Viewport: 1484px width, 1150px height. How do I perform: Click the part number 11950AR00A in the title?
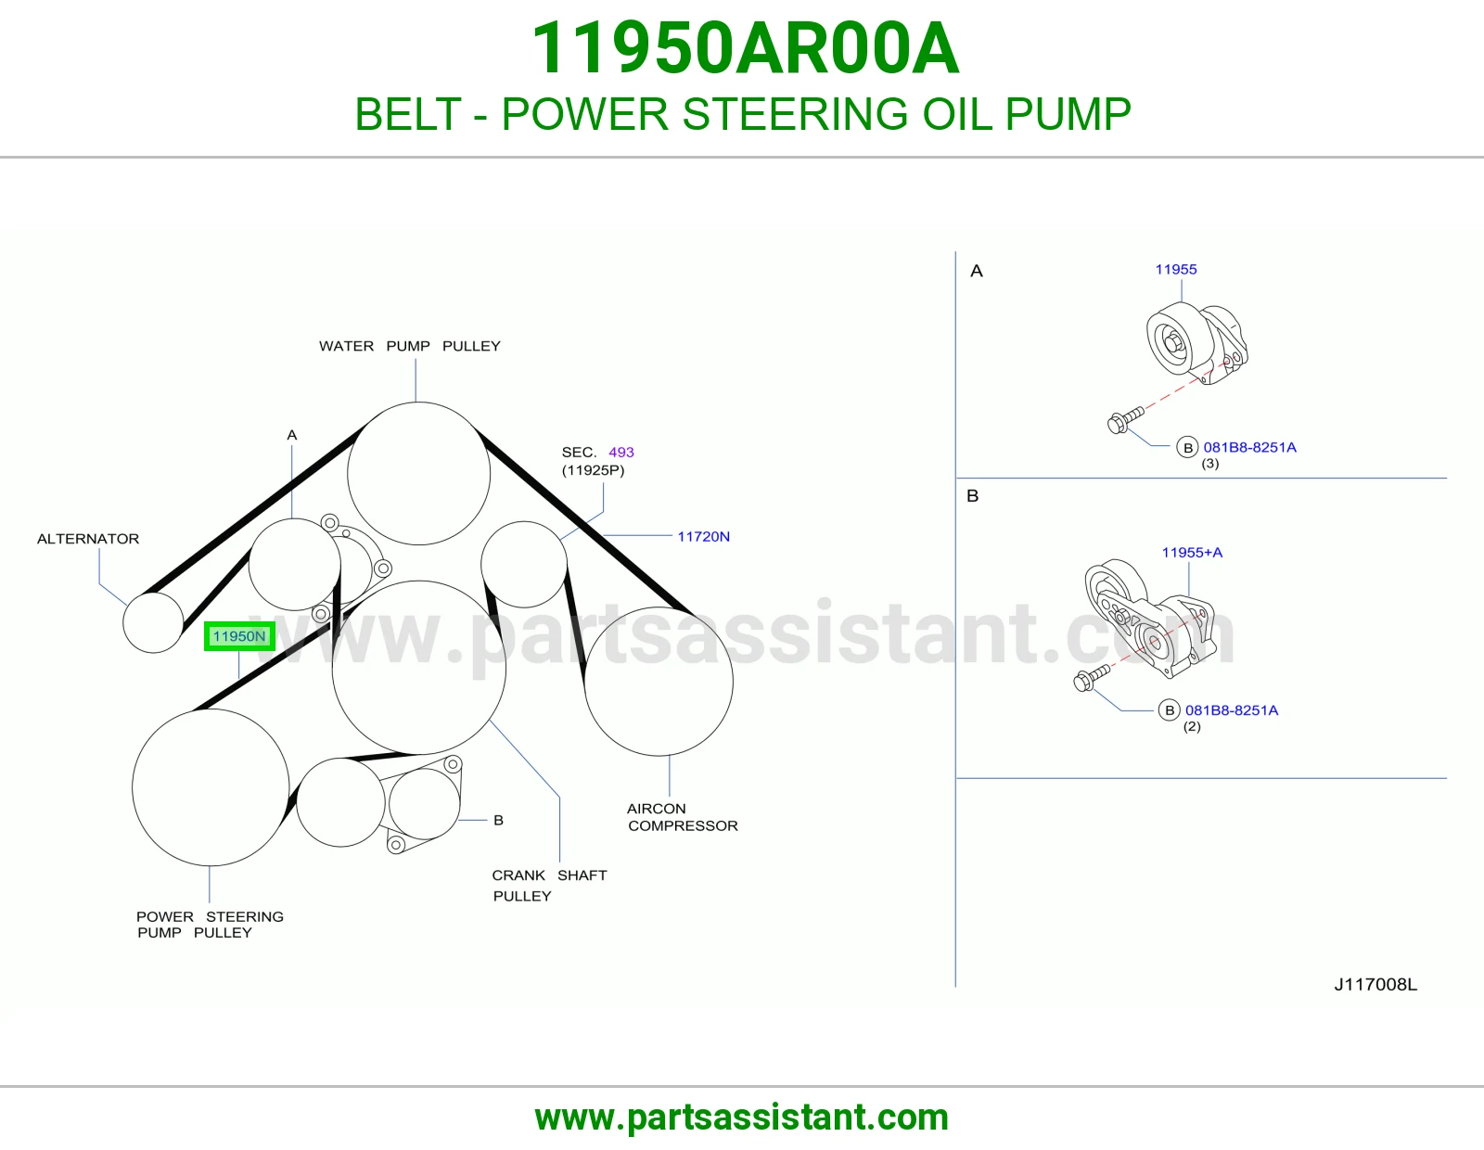[745, 48]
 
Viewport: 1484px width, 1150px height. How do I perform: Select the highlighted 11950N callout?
[239, 636]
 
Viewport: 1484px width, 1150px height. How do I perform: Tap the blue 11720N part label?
[703, 537]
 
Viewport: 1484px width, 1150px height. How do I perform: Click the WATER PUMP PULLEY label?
[410, 346]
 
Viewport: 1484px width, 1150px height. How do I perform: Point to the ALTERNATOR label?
[88, 539]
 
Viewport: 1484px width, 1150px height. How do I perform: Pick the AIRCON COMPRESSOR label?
[683, 817]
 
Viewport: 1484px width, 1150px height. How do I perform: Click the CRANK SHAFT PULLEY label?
[549, 886]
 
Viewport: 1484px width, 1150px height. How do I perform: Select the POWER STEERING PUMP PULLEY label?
[210, 925]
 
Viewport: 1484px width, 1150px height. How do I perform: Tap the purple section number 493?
[620, 452]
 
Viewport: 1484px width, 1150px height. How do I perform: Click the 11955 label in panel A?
[1176, 270]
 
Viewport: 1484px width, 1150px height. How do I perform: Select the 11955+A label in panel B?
[1193, 553]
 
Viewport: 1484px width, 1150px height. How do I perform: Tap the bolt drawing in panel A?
[1125, 419]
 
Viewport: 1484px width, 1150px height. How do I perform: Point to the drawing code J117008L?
[1375, 985]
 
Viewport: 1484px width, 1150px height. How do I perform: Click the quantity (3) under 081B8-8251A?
[1210, 464]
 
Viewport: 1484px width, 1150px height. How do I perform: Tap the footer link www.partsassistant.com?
[742, 1118]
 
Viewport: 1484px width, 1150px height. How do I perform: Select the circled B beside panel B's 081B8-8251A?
[1170, 710]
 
